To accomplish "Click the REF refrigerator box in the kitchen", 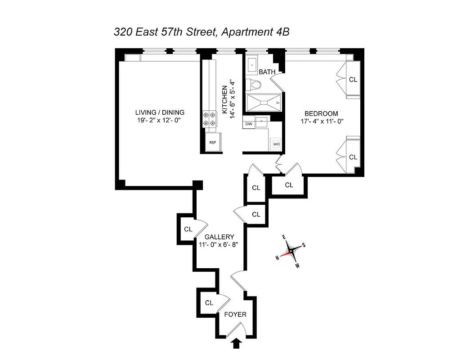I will (x=212, y=143).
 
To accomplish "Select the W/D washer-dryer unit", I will (x=276, y=144).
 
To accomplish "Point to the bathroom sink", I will (x=252, y=65).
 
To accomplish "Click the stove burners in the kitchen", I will (x=209, y=118).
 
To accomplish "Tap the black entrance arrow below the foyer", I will (x=236, y=344).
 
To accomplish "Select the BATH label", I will (x=267, y=72).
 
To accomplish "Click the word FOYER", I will (x=235, y=315).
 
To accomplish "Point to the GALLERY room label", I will (x=219, y=237).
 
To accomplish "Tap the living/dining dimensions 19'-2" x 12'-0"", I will (x=160, y=120).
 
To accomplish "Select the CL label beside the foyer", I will (x=209, y=303).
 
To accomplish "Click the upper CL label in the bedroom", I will (x=353, y=80).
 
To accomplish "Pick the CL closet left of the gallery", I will (x=188, y=229).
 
